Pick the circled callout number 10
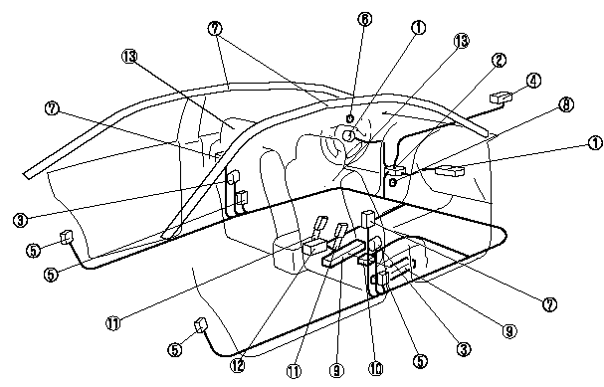pos(376,367)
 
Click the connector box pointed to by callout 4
pos(502,97)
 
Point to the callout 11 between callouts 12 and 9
pos(295,370)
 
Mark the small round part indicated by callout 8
pos(394,183)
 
